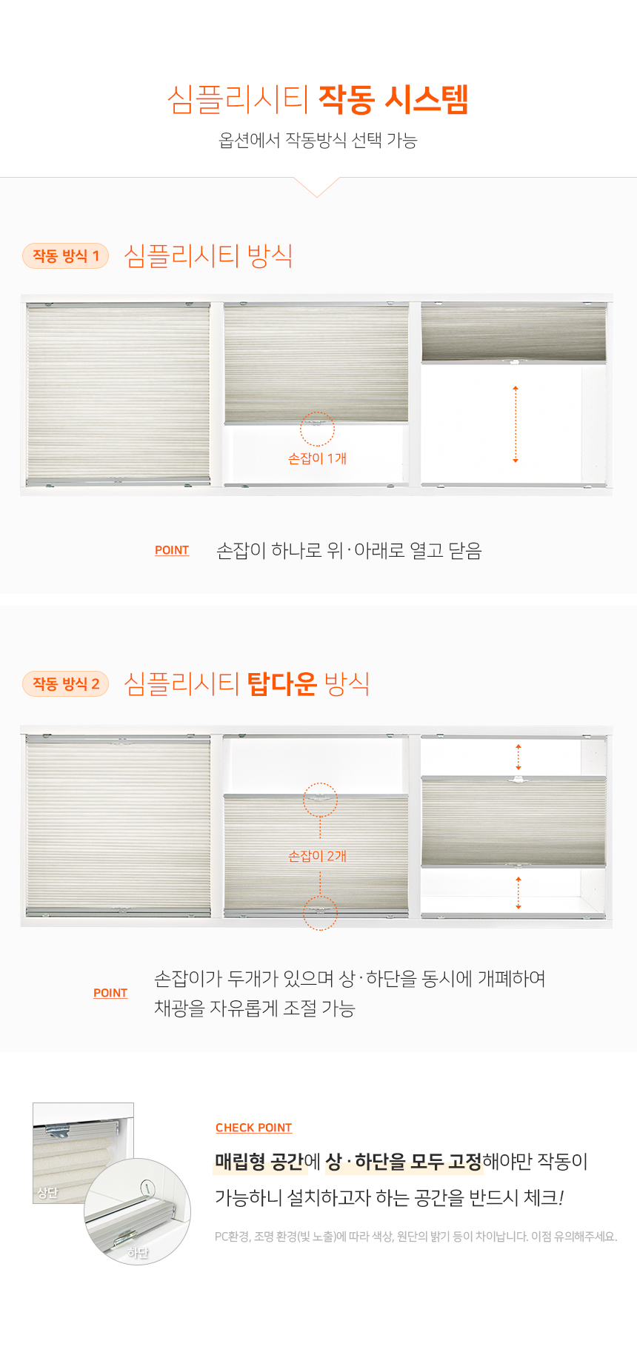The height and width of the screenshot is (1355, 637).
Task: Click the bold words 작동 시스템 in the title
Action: [x=393, y=99]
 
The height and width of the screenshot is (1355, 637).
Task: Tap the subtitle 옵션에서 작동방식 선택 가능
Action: [x=318, y=140]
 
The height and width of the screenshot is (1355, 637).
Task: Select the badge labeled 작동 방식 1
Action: [x=66, y=256]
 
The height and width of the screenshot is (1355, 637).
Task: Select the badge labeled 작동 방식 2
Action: [x=66, y=683]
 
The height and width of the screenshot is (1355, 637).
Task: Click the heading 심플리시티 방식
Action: [x=208, y=256]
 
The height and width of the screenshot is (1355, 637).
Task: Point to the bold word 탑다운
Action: [x=281, y=683]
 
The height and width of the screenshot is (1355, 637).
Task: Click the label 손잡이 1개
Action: [x=317, y=459]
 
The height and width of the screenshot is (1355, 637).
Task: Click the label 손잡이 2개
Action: [x=317, y=856]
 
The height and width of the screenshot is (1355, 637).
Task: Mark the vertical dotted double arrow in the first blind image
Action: [x=516, y=424]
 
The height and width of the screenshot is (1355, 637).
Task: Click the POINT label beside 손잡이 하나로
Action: [x=172, y=550]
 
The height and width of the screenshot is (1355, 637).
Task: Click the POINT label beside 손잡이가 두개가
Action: [x=110, y=993]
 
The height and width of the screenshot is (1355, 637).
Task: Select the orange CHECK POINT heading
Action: [x=253, y=1128]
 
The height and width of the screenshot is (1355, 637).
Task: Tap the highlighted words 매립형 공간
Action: [x=259, y=1162]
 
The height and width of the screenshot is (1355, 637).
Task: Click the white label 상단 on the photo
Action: [x=47, y=1193]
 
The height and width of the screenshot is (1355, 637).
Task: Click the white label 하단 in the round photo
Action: [x=138, y=1252]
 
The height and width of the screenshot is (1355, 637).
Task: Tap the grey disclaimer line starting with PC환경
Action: [x=416, y=1237]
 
